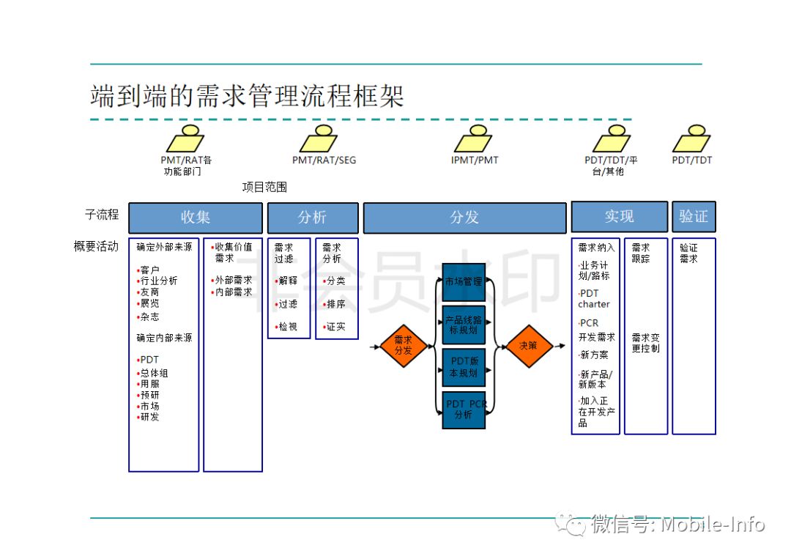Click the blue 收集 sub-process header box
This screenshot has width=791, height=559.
[x=196, y=218]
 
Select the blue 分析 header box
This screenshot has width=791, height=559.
[x=313, y=218]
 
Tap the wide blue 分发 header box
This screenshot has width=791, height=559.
[x=464, y=218]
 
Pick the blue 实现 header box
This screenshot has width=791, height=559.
[x=619, y=218]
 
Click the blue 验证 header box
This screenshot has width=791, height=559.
[x=693, y=218]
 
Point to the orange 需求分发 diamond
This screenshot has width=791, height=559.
[x=404, y=345]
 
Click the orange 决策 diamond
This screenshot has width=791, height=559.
[x=528, y=345]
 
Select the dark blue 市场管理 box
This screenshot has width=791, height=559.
[x=464, y=281]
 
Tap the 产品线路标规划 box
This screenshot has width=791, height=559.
[x=464, y=325]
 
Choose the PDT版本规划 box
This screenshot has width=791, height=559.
[x=464, y=367]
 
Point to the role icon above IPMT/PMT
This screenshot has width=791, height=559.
[x=474, y=138]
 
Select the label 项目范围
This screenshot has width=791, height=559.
[x=264, y=188]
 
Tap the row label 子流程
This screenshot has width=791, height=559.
[x=102, y=215]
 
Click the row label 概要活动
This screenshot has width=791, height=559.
[x=96, y=247]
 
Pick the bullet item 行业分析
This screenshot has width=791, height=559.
[x=159, y=281]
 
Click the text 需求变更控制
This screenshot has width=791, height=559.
[x=645, y=343]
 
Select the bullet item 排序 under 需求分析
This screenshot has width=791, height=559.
[x=336, y=304]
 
